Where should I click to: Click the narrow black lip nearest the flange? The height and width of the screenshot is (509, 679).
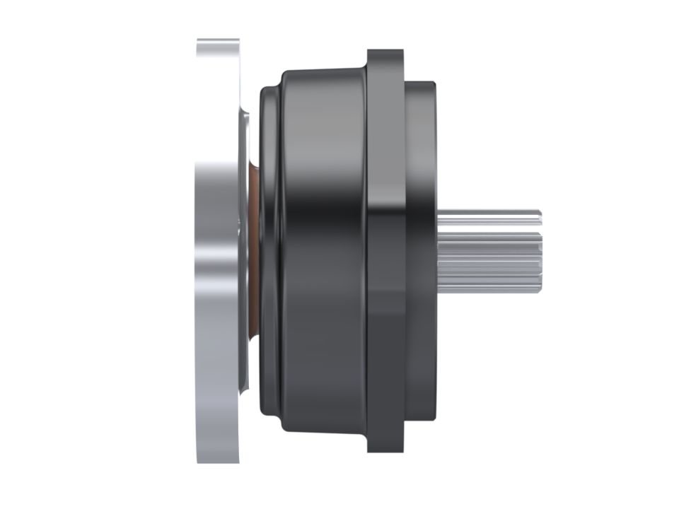coord(269,255)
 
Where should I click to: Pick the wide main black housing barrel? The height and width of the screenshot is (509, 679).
coord(325,255)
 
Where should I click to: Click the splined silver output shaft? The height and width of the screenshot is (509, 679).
coord(488,251)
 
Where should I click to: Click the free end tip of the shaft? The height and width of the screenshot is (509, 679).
coord(539,251)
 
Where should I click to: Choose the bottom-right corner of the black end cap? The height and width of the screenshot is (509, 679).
coord(434,421)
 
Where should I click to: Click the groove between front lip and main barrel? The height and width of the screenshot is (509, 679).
coord(281,255)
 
